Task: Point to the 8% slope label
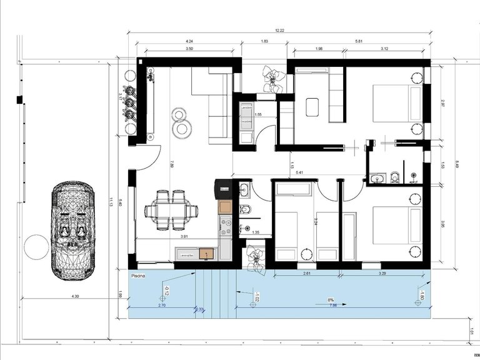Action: click(x=331, y=300)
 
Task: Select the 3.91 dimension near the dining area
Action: click(x=184, y=237)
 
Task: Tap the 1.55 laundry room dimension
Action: click(x=257, y=115)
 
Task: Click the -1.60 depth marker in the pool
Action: click(x=422, y=296)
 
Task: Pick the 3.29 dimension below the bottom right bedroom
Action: click(x=381, y=273)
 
